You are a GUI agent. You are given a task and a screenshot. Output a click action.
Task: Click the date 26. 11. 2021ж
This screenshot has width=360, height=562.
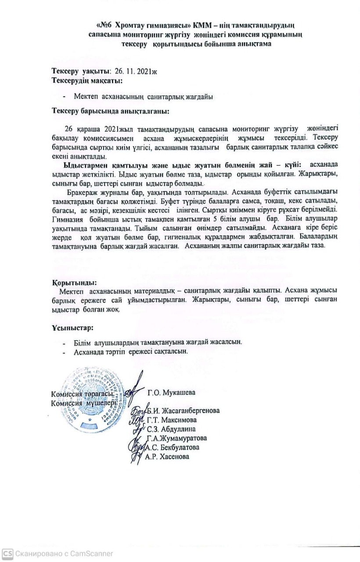click(135, 72)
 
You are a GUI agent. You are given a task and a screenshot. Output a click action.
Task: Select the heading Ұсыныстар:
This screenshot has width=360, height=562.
click(72, 328)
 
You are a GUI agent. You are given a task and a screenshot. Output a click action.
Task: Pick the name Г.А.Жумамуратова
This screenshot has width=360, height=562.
click(177, 438)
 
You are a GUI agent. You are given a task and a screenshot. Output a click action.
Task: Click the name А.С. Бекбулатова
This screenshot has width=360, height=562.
click(172, 447)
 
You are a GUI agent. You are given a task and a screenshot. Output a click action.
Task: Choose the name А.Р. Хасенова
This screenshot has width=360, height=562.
click(167, 457)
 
